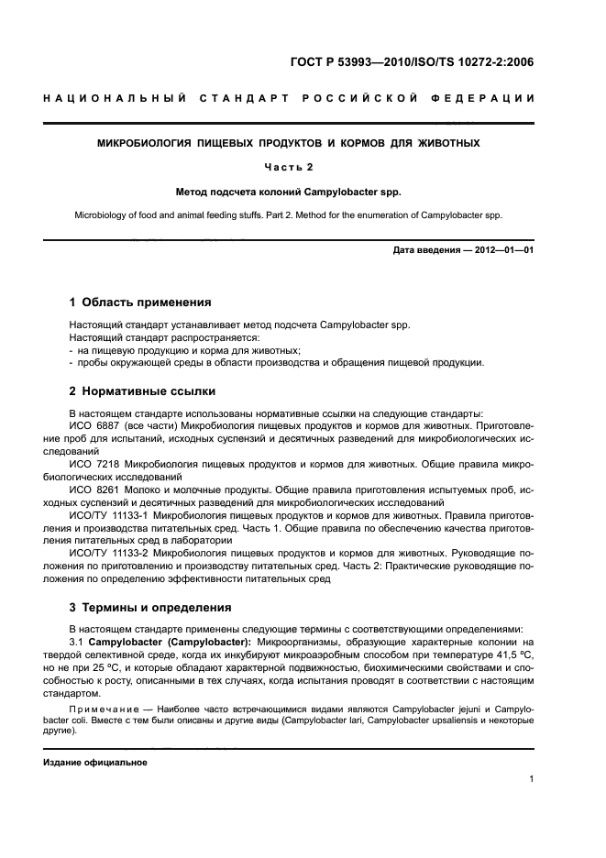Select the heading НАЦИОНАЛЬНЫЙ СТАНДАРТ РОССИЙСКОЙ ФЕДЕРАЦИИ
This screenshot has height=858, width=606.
tap(289, 98)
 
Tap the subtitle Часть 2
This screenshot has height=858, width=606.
tap(289, 168)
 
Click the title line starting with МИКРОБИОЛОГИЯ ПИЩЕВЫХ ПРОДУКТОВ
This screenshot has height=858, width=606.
tap(289, 144)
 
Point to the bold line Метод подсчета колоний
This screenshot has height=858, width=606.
tap(289, 192)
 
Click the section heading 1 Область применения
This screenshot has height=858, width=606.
tap(140, 302)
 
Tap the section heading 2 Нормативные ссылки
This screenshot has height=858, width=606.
tap(142, 391)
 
